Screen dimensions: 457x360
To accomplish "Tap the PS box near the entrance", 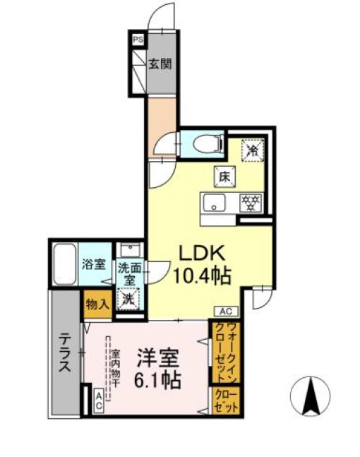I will [137, 40].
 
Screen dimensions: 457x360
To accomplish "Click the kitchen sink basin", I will [213, 203].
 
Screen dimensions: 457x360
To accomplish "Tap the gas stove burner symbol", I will [251, 203].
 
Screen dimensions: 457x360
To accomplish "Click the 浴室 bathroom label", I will [93, 266].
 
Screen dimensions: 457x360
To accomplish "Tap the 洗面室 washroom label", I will [129, 273].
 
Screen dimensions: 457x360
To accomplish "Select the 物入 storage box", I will [97, 304].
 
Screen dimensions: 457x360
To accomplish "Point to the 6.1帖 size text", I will [157, 380].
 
